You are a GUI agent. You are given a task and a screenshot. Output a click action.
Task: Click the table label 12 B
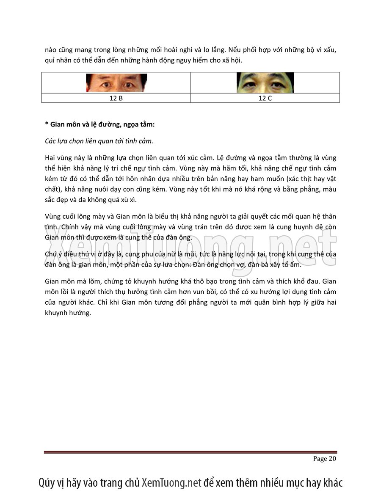(116, 98)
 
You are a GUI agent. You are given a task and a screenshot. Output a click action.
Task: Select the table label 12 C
(265, 98)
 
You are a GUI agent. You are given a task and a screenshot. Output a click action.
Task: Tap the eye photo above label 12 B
(116, 83)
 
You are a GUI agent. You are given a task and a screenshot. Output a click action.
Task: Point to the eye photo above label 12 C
(265, 83)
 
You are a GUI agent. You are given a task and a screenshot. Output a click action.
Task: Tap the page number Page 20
(325, 459)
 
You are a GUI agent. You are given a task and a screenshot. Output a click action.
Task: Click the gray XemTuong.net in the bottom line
(171, 482)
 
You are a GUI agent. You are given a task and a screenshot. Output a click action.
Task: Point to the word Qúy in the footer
(48, 482)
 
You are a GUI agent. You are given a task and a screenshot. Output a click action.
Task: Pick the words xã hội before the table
(232, 61)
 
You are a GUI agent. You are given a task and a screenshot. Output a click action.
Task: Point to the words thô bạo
(197, 281)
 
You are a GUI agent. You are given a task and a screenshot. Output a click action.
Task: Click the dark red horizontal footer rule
(190, 452)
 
